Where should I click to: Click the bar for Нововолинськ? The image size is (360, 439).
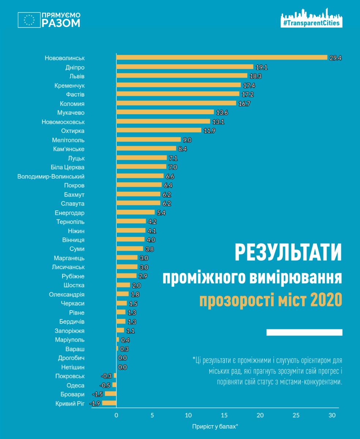click(x=222, y=57)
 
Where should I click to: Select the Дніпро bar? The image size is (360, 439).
click(x=185, y=67)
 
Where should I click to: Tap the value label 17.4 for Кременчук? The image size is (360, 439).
click(x=248, y=85)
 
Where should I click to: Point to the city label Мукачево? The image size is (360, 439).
click(x=71, y=112)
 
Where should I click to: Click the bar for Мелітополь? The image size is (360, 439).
click(x=149, y=139)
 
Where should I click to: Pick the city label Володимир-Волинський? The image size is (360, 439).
click(x=51, y=176)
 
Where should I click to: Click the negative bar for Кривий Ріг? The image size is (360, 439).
click(x=109, y=403)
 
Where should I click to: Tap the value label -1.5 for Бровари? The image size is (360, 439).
click(x=98, y=394)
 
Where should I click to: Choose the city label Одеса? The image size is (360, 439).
click(x=76, y=385)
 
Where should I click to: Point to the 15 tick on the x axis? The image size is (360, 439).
click(x=224, y=415)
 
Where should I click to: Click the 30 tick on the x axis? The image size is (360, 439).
click(x=332, y=415)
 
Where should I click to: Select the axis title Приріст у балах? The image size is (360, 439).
click(x=215, y=426)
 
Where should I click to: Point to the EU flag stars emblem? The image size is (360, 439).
click(x=29, y=20)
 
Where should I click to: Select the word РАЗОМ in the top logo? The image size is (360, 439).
click(x=61, y=23)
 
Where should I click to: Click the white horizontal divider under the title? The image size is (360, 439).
click(x=304, y=332)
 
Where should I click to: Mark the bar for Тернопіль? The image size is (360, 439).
click(x=131, y=221)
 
